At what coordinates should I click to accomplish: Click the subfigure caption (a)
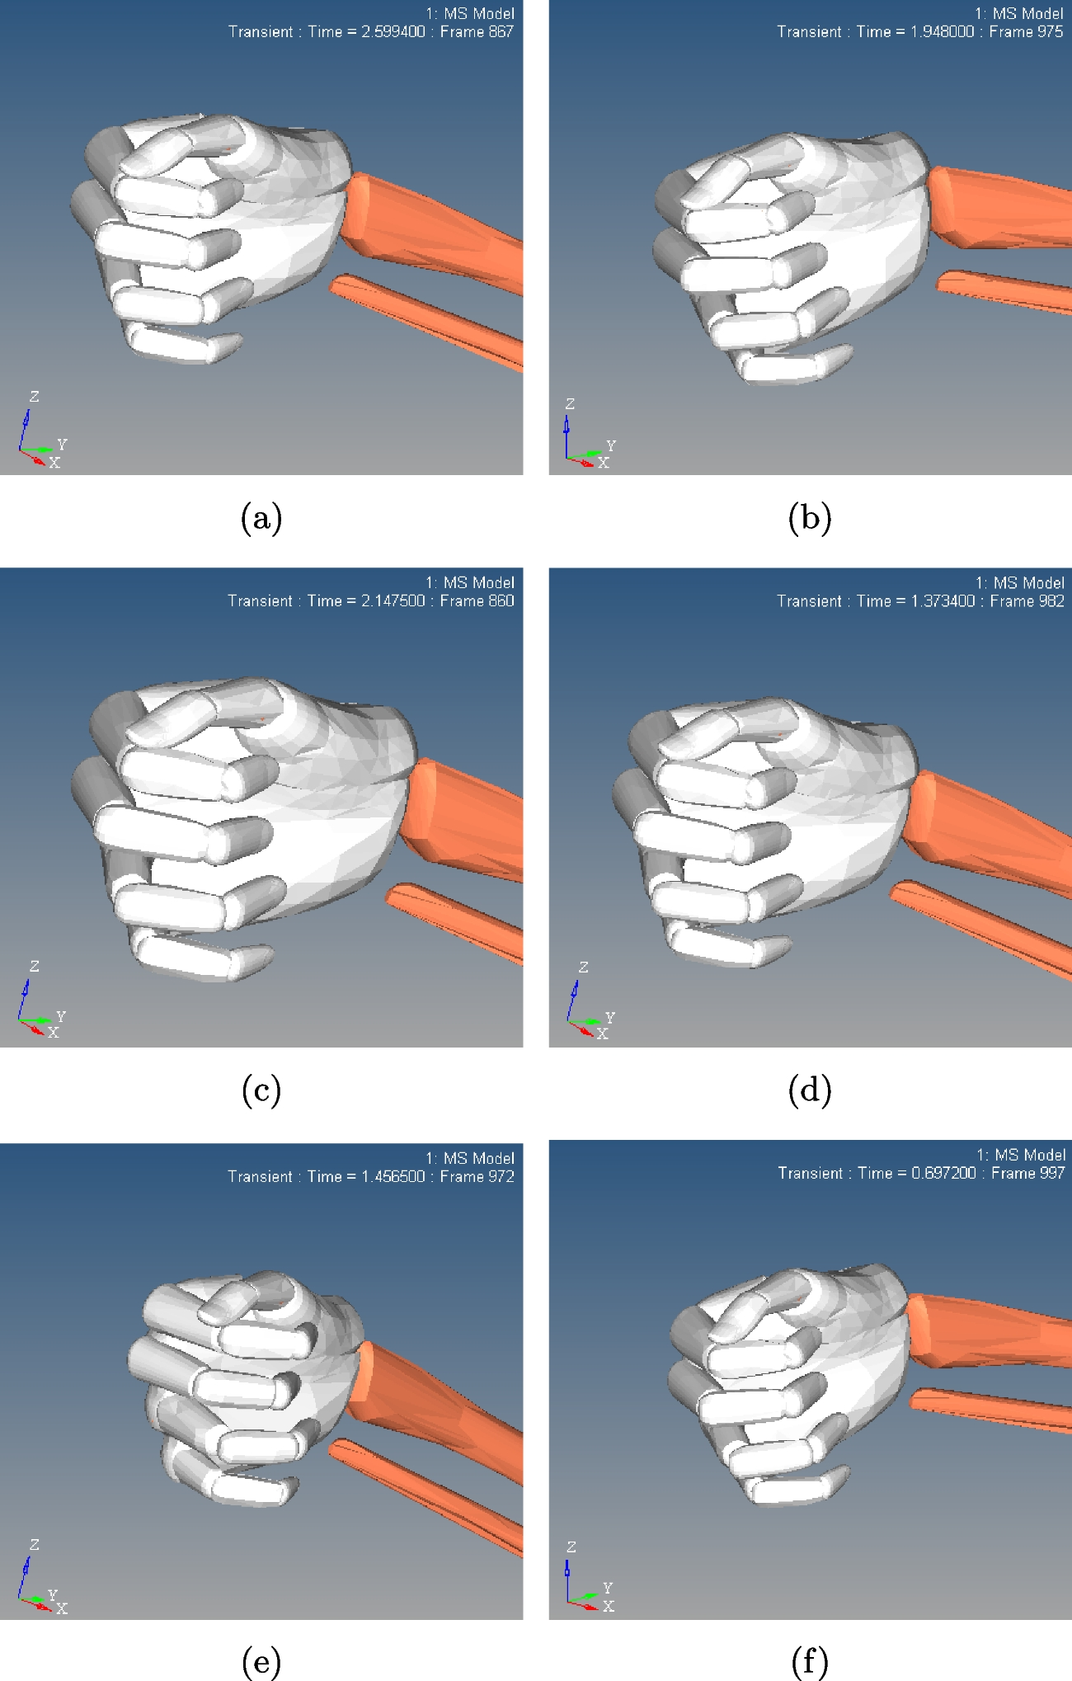point(261,518)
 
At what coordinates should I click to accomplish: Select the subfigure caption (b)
point(810,518)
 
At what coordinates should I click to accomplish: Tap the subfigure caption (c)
point(261,1090)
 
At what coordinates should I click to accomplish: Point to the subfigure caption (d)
point(810,1090)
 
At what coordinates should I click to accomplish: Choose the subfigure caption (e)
point(261,1661)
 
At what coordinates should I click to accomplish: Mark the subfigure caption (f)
point(810,1661)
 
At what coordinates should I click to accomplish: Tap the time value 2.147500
point(393,601)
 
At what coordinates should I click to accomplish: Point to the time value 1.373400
point(943,601)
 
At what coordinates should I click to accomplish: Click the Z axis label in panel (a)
point(34,397)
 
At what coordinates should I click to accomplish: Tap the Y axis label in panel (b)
point(611,445)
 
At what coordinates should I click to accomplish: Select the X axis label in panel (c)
point(54,1033)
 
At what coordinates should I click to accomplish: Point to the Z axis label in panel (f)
point(571,1547)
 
